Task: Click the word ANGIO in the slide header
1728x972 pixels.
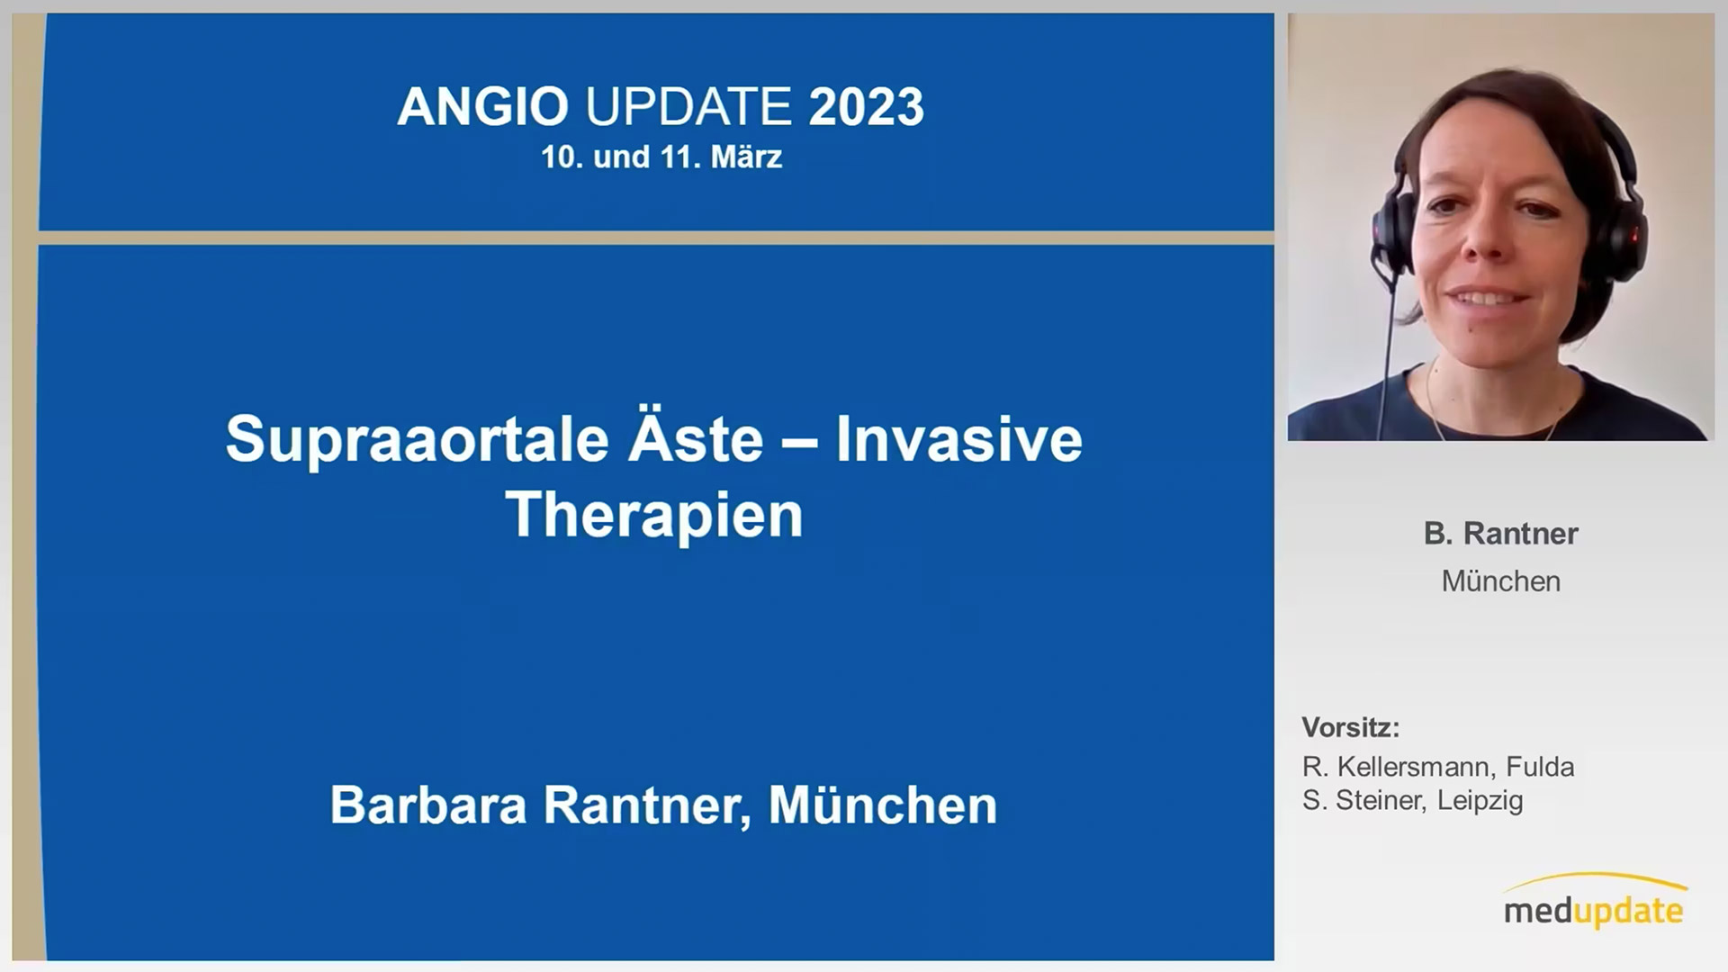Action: click(x=482, y=106)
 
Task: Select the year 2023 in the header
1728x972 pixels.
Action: click(x=866, y=106)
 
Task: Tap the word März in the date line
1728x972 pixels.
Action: click(x=746, y=157)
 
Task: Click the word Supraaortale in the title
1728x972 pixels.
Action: click(x=418, y=440)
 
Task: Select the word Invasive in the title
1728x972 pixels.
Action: click(x=958, y=439)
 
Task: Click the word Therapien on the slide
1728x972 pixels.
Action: click(x=654, y=516)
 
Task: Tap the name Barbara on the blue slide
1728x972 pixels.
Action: click(x=427, y=805)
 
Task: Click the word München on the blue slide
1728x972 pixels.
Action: click(x=882, y=805)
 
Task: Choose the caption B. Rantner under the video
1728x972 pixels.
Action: click(x=1500, y=534)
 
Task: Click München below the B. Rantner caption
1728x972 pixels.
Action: click(x=1500, y=581)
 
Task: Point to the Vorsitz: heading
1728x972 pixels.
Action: click(x=1350, y=727)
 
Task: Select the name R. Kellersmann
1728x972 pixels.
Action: click(x=1399, y=767)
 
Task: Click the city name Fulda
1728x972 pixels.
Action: click(x=1540, y=767)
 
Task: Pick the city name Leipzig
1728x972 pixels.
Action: click(x=1480, y=801)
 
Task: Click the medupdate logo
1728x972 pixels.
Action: click(x=1593, y=901)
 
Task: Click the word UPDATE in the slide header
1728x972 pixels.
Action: click(x=688, y=106)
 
